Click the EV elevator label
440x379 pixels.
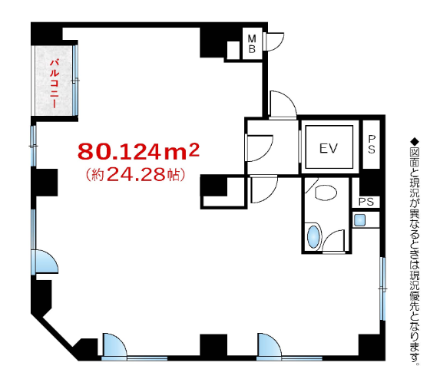(329, 148)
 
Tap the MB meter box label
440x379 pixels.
(252, 44)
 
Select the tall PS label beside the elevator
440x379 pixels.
(372, 144)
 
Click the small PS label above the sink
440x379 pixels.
(366, 202)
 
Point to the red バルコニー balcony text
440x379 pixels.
(55, 83)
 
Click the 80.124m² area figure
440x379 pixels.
(138, 151)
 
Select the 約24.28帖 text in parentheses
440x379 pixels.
(135, 174)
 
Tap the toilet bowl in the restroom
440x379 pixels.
(326, 193)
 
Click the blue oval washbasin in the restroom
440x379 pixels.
(313, 237)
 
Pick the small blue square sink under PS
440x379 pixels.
(359, 220)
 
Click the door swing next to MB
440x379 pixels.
(273, 41)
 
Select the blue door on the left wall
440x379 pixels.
(45, 262)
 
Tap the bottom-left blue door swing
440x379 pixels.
(114, 345)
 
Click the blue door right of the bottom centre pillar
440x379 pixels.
(270, 345)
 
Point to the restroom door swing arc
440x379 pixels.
(333, 241)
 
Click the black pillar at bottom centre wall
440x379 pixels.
(213, 344)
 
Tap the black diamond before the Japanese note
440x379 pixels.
(415, 140)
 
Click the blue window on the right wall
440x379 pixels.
(382, 288)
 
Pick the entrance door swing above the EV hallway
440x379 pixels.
(283, 104)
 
